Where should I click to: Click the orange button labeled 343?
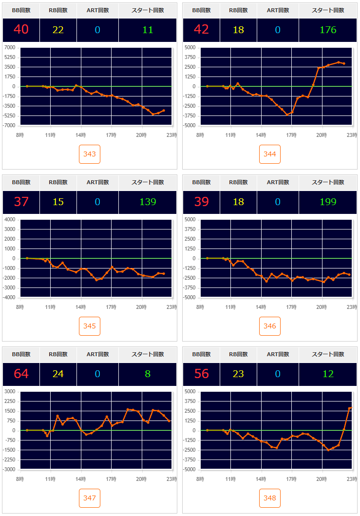(90, 154)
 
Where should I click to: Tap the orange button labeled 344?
(270, 154)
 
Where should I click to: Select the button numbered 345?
(90, 326)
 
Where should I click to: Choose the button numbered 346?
(270, 326)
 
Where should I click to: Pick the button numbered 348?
(270, 498)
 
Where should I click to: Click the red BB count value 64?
(21, 374)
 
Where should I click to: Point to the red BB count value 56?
(201, 374)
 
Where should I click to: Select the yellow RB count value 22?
(58, 30)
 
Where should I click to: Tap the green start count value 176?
(328, 30)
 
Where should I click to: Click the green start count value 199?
(328, 202)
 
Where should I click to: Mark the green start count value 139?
(148, 202)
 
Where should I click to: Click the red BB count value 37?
(21, 202)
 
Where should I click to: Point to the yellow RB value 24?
(58, 374)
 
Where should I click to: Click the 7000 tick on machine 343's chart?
(10, 48)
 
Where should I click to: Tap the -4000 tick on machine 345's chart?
(9, 298)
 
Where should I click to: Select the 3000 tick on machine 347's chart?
(10, 392)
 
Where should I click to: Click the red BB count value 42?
(201, 30)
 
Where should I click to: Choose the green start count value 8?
(148, 374)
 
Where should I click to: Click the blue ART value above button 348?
(278, 374)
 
